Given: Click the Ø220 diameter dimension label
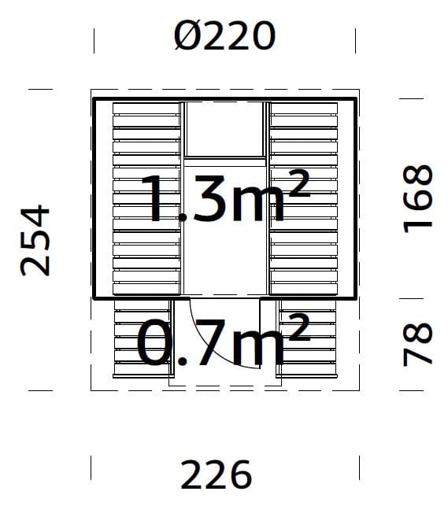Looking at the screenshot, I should (224, 35).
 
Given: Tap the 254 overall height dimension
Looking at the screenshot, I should (35, 241).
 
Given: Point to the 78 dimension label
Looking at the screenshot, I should (417, 344).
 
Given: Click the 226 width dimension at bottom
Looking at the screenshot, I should (217, 475).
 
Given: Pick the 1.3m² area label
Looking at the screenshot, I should (224, 197).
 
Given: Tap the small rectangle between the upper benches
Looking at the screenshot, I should (224, 129).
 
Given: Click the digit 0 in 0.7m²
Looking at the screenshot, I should (154, 343).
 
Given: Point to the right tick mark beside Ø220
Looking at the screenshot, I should (356, 39).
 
